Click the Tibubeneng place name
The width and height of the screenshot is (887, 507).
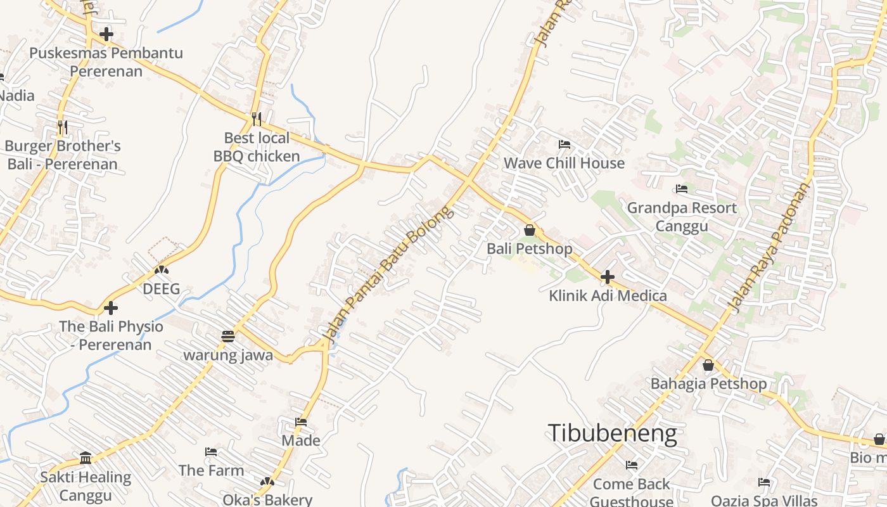612,433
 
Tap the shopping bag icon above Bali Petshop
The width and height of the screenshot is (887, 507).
530,230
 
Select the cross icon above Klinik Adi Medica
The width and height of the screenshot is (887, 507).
608,277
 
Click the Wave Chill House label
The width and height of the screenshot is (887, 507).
564,163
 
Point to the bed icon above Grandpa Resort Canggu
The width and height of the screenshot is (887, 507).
682,189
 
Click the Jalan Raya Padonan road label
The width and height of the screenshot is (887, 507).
769,247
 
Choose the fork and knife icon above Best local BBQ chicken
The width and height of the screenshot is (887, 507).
257,119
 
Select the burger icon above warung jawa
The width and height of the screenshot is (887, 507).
228,336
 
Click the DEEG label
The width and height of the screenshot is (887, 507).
161,289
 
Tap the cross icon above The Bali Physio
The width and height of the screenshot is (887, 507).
111,309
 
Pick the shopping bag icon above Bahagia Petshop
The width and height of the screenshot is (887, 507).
708,366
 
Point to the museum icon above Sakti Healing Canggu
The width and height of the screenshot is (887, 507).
86,458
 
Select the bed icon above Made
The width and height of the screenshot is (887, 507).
301,422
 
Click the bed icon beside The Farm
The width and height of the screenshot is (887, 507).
211,452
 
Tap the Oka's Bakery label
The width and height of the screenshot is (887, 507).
267,499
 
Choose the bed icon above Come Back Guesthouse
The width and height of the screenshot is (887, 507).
632,465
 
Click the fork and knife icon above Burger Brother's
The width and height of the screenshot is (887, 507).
62,127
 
